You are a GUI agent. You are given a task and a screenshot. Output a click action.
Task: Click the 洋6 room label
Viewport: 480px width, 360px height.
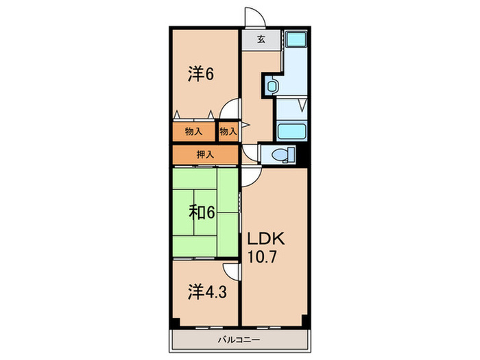(x=201, y=74)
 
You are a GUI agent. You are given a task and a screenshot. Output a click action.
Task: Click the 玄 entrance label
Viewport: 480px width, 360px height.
(x=261, y=40)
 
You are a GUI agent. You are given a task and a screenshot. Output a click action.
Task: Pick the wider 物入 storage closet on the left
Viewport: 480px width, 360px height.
(x=194, y=131)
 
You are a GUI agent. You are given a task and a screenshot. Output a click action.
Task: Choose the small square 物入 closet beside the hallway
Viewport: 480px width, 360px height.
(x=228, y=131)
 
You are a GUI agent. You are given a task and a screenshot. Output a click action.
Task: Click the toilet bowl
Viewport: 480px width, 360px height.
(x=278, y=156)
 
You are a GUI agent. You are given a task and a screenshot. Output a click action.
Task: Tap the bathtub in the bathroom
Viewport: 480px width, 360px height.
(x=291, y=132)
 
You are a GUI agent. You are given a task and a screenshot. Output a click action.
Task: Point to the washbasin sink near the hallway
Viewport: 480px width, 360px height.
(x=272, y=86)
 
